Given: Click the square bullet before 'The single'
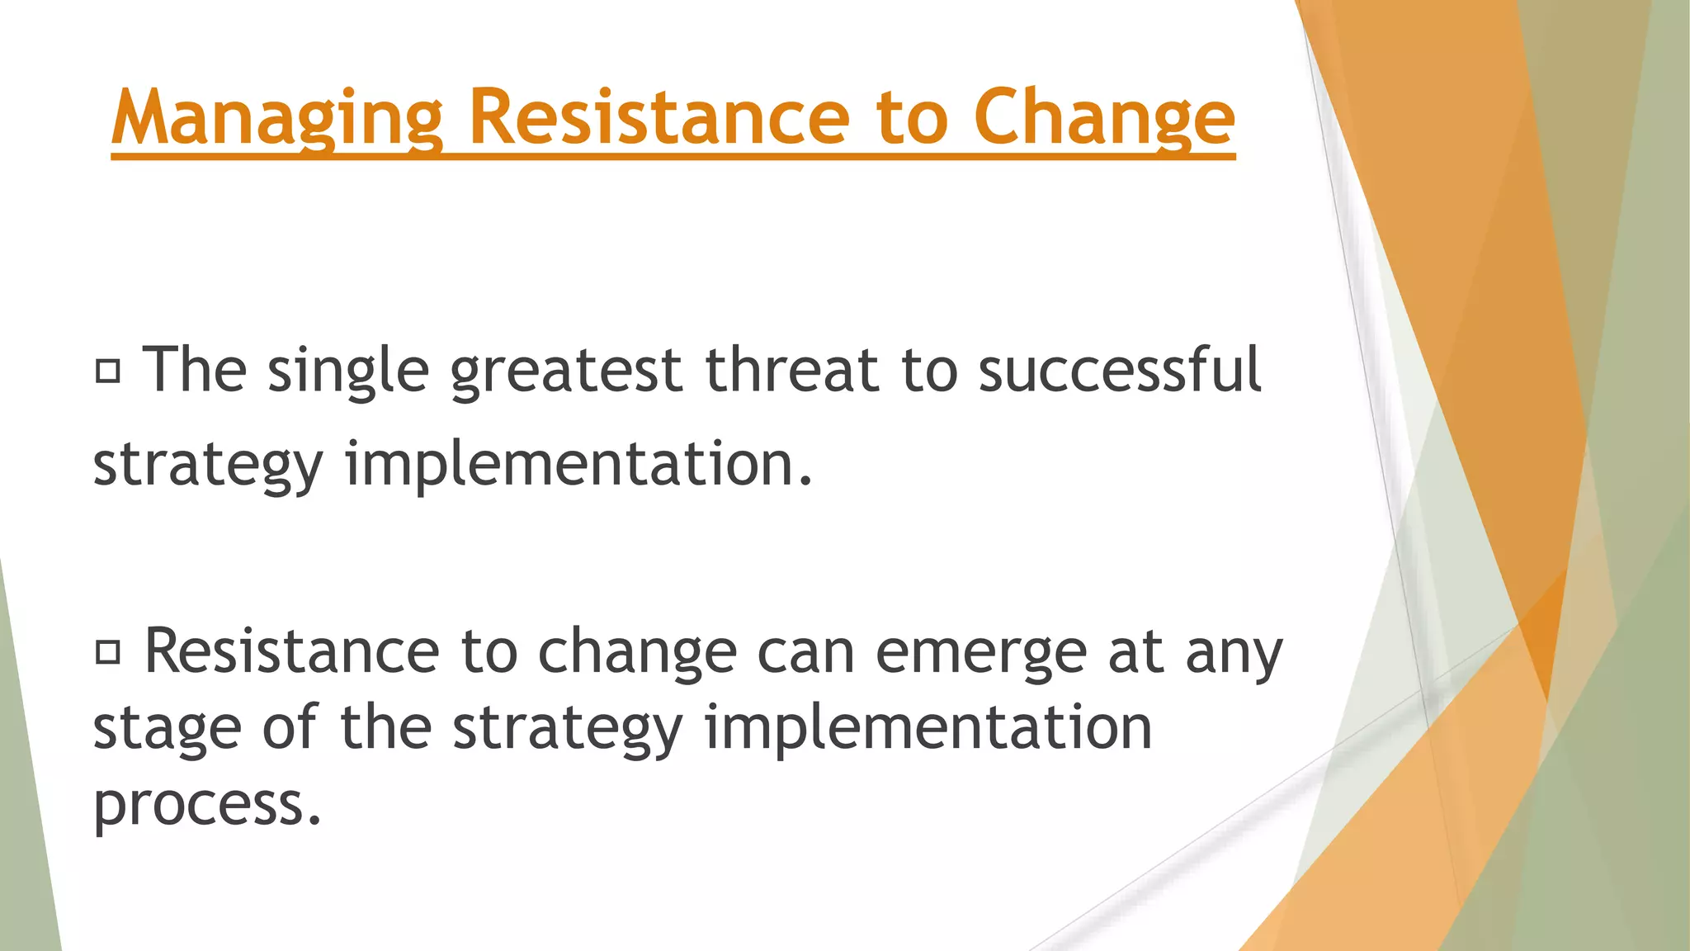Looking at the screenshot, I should [x=108, y=371].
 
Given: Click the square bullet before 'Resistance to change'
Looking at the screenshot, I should [x=108, y=653].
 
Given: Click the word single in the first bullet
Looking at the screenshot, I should [x=348, y=371].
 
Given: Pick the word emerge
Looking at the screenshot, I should [x=980, y=652].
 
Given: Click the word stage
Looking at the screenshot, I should [x=168, y=728].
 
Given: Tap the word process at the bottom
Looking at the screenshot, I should [x=206, y=804].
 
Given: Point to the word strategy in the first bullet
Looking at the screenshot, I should [x=208, y=465].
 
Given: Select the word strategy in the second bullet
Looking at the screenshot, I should [x=568, y=728].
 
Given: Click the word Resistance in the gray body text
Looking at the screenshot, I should [x=291, y=652].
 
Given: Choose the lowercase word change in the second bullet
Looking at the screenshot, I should [x=637, y=652].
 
